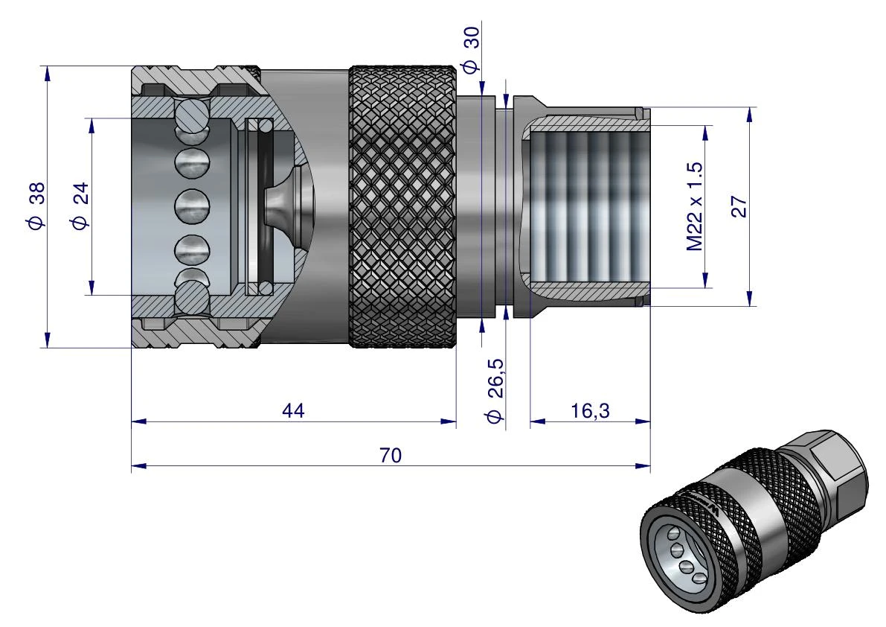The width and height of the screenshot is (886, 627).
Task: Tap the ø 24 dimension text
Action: pos(80,206)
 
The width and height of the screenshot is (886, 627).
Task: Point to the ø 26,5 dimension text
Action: pos(495,390)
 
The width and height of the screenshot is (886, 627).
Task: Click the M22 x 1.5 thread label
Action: pos(695,206)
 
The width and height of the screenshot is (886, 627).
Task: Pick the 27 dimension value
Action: pos(739,207)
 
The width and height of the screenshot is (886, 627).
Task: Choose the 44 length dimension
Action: pos(293,410)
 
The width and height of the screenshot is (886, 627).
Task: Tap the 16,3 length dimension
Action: pos(590,410)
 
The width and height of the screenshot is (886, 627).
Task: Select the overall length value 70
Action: pos(391,455)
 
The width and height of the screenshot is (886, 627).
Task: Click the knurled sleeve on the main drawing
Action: pos(402,206)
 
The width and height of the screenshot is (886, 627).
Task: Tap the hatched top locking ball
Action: pos(191,118)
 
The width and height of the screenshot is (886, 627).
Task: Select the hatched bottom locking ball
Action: pos(191,296)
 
